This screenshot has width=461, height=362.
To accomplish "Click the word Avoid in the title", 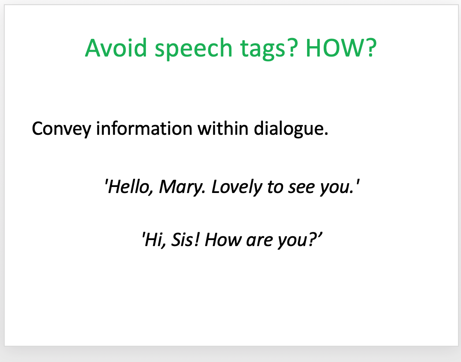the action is [x=116, y=48].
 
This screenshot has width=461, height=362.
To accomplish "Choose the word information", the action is [x=144, y=128].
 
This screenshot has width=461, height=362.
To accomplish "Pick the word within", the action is [x=223, y=128].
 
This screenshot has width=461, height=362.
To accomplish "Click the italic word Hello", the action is [x=128, y=187].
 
